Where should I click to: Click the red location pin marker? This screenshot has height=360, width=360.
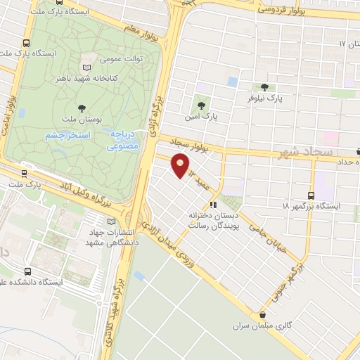(180, 166)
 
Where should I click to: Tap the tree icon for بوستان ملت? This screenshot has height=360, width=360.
(82, 108)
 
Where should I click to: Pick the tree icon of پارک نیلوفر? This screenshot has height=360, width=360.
(264, 88)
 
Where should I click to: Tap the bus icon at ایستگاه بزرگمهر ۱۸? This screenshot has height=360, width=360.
(312, 195)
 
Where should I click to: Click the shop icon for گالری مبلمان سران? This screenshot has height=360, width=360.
(262, 316)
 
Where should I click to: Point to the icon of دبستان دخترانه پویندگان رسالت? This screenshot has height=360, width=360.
(212, 206)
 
